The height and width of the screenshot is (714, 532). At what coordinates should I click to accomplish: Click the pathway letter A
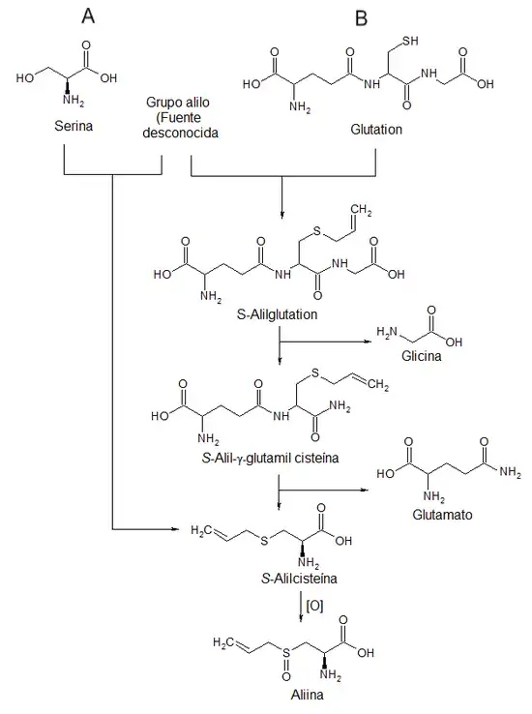88,16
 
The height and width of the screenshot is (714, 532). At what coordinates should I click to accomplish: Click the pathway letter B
361,18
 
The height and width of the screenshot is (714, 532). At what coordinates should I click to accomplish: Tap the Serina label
74,126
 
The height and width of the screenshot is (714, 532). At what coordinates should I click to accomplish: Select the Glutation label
376,130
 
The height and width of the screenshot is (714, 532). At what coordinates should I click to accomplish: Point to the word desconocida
180,133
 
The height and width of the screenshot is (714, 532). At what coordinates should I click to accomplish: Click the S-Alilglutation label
278,314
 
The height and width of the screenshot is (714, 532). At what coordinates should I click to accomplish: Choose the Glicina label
422,356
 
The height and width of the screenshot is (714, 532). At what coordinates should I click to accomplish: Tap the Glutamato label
442,515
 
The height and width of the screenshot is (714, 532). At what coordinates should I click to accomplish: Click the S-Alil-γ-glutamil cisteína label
270,458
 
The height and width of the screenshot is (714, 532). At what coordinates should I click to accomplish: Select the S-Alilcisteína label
300,579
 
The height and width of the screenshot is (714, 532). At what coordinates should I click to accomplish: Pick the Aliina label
308,695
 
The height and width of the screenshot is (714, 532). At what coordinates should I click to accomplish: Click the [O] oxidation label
315,606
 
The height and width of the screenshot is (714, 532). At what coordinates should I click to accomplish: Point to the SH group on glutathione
410,41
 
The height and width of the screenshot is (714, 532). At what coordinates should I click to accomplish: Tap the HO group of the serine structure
25,78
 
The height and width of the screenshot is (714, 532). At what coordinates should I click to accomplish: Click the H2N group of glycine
386,333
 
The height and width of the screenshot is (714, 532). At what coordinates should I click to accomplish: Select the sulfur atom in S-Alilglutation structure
317,231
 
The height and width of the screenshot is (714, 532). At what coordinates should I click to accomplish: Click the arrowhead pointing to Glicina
369,342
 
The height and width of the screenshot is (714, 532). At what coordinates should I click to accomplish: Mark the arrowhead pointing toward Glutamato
365,490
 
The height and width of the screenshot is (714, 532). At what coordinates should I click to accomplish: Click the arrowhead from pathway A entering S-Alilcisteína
174,529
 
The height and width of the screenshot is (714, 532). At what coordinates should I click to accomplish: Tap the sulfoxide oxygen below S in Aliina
285,676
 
